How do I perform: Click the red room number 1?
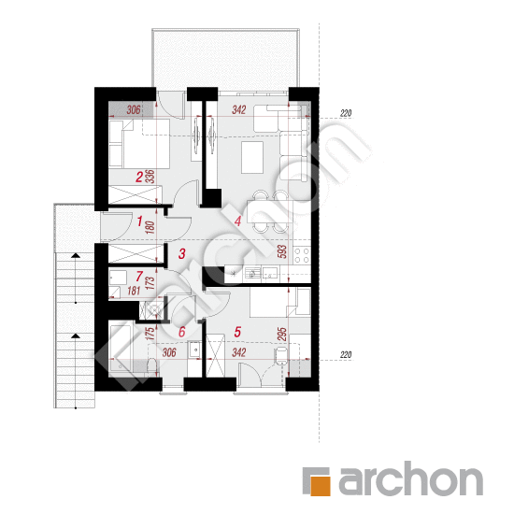(x=139, y=221)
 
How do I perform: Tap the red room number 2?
(x=139, y=178)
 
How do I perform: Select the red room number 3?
(x=182, y=253)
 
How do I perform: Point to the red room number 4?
(x=237, y=221)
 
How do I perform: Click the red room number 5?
(x=237, y=332)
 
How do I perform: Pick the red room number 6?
(x=182, y=332)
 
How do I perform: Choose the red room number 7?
(x=139, y=277)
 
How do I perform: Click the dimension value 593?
(x=282, y=251)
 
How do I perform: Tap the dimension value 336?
(x=150, y=177)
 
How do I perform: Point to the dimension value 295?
(x=282, y=334)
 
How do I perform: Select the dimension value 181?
(x=134, y=291)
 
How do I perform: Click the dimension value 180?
(x=150, y=227)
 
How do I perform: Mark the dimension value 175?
(x=150, y=334)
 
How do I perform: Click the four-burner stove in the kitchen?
(x=302, y=255)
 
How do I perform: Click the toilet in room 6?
(x=152, y=366)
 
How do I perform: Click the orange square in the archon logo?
(x=321, y=486)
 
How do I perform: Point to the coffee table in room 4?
(x=252, y=157)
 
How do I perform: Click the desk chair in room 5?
(x=281, y=356)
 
